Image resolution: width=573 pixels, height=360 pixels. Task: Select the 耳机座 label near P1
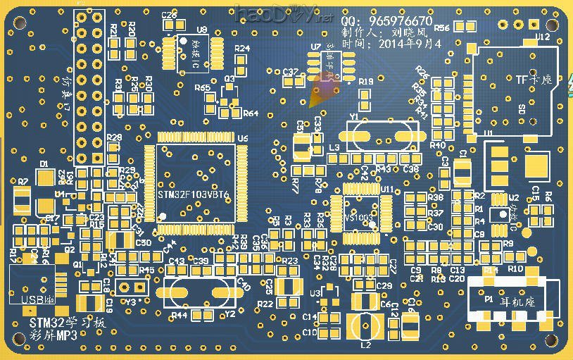(517, 300)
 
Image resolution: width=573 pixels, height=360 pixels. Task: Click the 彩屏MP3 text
(53, 335)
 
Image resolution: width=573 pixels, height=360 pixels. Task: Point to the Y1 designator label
(353, 117)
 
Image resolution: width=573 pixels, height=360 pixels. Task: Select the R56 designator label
(442, 28)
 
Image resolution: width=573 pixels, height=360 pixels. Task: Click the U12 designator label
(542, 36)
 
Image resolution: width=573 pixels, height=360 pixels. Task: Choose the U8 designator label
(202, 30)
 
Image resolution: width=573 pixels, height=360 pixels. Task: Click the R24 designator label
(242, 49)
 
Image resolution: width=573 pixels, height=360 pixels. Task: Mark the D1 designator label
(44, 163)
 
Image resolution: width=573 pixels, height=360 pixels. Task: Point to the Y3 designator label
(131, 302)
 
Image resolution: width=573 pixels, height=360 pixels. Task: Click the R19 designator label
(366, 82)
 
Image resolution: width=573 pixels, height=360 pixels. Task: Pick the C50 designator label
(144, 242)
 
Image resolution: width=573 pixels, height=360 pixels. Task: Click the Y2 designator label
(229, 314)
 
